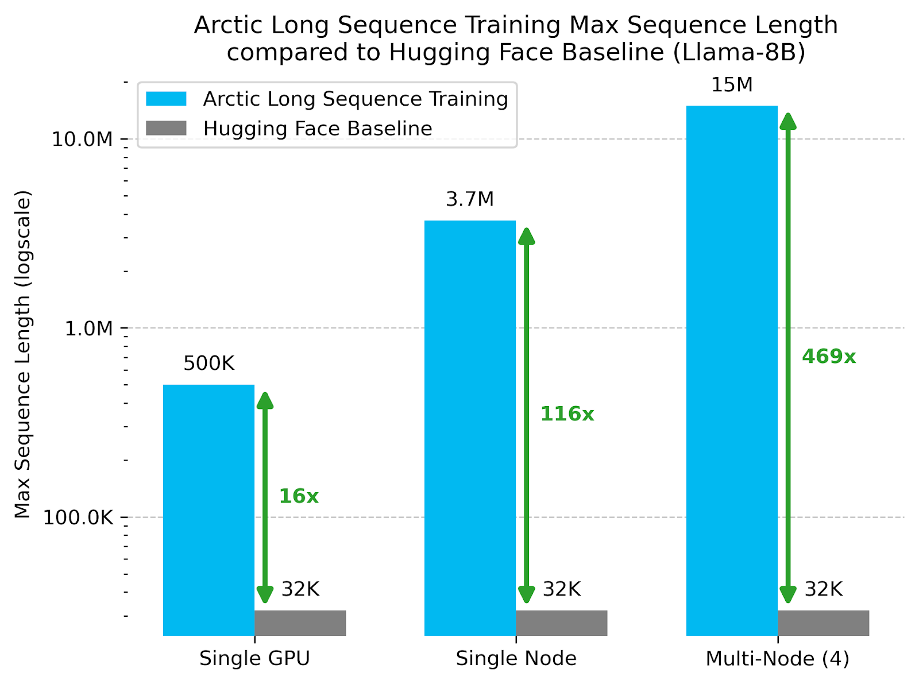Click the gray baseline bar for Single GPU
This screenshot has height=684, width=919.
(300, 623)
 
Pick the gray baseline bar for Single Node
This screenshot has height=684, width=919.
(562, 623)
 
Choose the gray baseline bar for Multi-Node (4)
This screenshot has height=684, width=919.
(823, 623)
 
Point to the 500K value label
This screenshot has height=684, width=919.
(209, 364)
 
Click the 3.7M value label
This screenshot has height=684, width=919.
(470, 199)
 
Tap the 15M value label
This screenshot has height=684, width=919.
(732, 85)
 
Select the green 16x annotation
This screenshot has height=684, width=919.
(299, 496)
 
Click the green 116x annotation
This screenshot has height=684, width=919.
(567, 414)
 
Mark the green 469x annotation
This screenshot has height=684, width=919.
(829, 357)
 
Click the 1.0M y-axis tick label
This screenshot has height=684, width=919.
(88, 329)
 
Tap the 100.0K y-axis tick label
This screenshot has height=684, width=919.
(79, 517)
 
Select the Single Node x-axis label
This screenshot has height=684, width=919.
(516, 659)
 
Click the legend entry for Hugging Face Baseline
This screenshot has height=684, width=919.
(317, 129)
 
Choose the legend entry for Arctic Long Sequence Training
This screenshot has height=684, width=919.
(355, 99)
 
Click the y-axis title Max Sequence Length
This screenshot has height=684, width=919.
(22, 354)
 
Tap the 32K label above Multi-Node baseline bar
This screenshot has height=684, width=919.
(823, 589)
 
